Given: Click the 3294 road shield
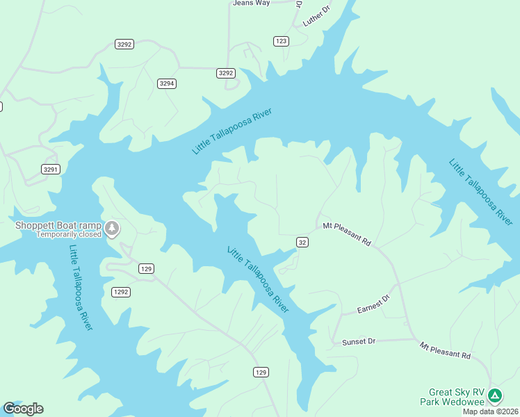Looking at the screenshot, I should coord(167,83).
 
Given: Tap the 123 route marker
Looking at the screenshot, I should coord(281,41).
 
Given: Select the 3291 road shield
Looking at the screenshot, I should coord(51,169).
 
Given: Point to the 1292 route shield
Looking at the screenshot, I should coord(121,292).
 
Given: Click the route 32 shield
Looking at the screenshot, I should coord(302,242).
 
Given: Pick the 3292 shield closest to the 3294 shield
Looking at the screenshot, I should coord(226,73).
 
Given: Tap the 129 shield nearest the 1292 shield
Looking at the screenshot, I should coord(146,268).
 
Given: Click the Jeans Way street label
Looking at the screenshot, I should coord(251,3).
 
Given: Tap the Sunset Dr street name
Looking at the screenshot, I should coord(359,342).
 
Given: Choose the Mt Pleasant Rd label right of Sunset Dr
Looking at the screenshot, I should coord(445,350).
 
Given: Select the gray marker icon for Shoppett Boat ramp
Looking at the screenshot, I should coord(113,228).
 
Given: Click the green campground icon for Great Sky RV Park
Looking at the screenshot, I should coord(495,396).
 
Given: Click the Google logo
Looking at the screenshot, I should coord(23,409).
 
